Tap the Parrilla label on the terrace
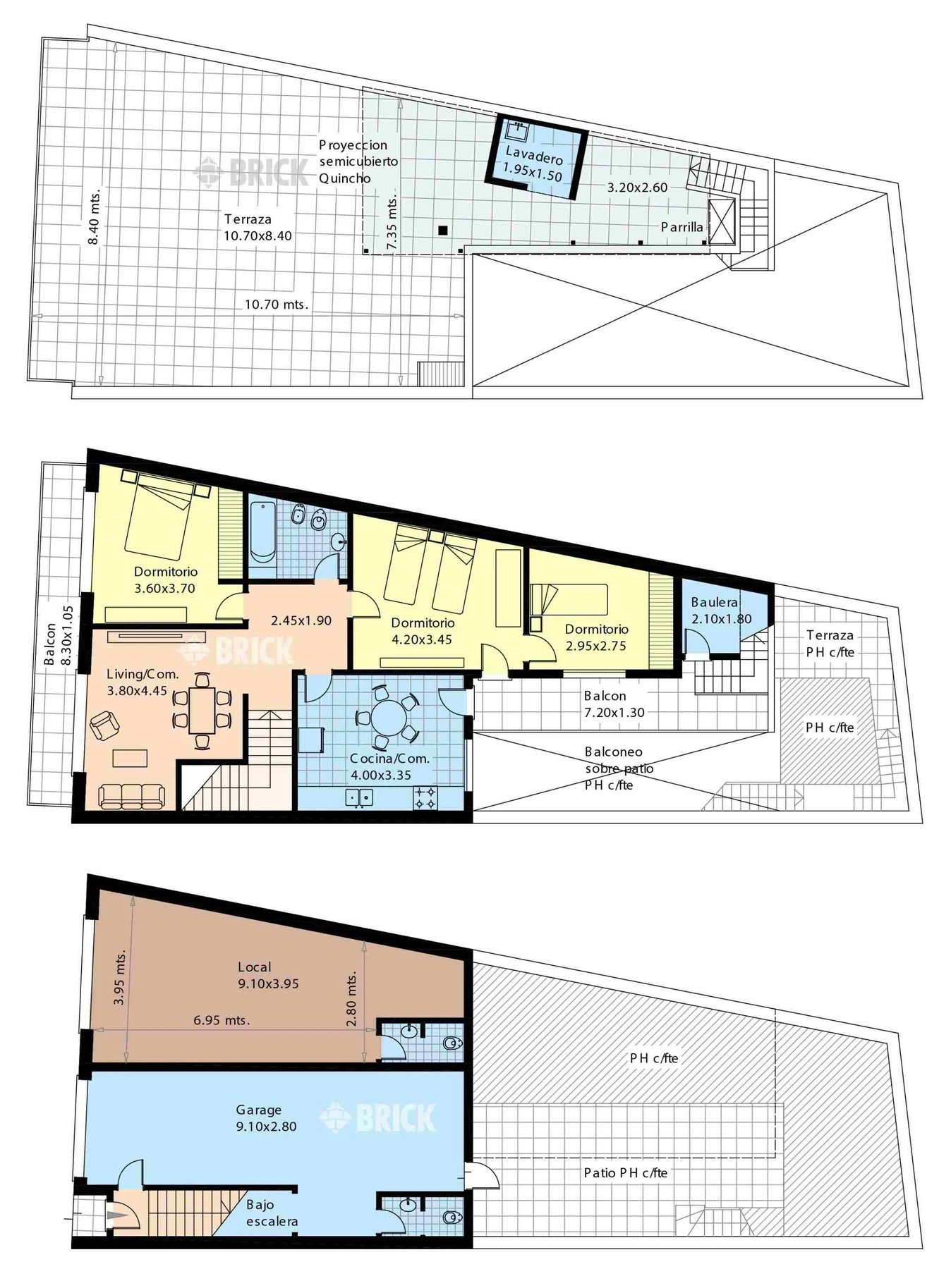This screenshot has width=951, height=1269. (682, 227)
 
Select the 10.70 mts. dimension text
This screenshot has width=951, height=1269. (277, 305)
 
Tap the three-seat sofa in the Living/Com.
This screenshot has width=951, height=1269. (131, 797)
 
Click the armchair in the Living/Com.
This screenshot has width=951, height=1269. (104, 725)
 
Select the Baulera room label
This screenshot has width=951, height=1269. (714, 602)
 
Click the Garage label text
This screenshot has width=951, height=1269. (258, 1110)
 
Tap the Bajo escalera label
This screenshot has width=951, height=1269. (272, 1213)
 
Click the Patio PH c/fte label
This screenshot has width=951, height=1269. (625, 1172)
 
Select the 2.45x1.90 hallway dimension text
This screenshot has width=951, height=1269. (301, 621)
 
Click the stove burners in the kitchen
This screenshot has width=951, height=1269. (425, 797)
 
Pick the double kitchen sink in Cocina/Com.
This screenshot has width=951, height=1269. (359, 797)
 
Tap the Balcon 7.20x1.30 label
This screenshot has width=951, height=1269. (614, 704)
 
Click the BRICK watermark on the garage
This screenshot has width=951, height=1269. (378, 1117)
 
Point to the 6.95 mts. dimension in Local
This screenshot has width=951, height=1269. (222, 1019)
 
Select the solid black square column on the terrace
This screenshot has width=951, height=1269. (443, 230)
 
